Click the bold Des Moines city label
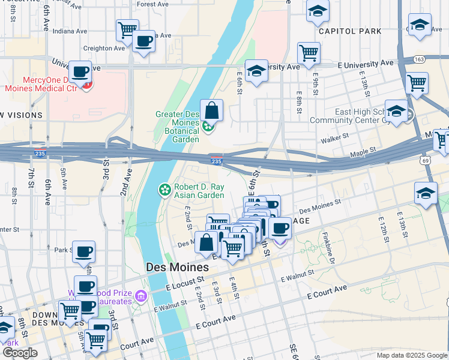tap(177, 267)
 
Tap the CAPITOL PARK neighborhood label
tap(349, 31)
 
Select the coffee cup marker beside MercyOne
tap(80, 73)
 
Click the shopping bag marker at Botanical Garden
tap(211, 111)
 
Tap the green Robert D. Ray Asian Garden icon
tap(164, 190)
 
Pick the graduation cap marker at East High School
tap(396, 112)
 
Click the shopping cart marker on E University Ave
tap(309, 53)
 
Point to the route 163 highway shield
tap(420, 59)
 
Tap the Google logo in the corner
tap(20, 353)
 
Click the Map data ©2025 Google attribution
tap(411, 355)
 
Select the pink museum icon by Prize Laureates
tap(140, 295)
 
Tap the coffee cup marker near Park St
tap(84, 251)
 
